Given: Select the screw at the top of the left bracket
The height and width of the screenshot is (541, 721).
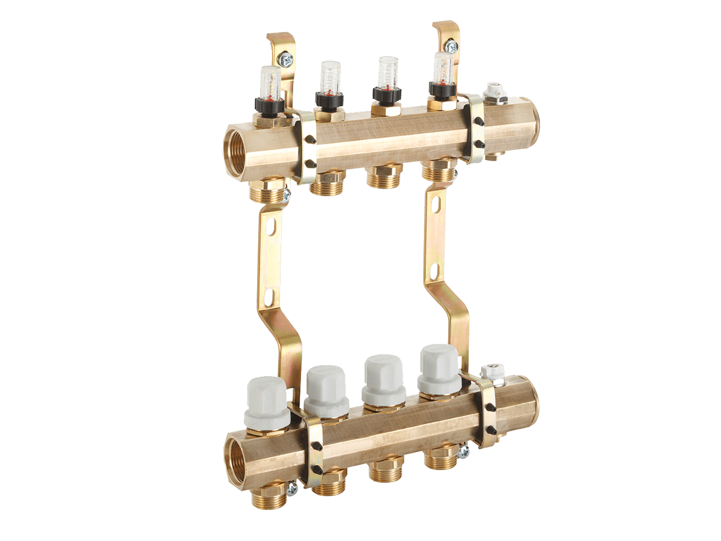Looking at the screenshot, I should [x=287, y=59].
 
